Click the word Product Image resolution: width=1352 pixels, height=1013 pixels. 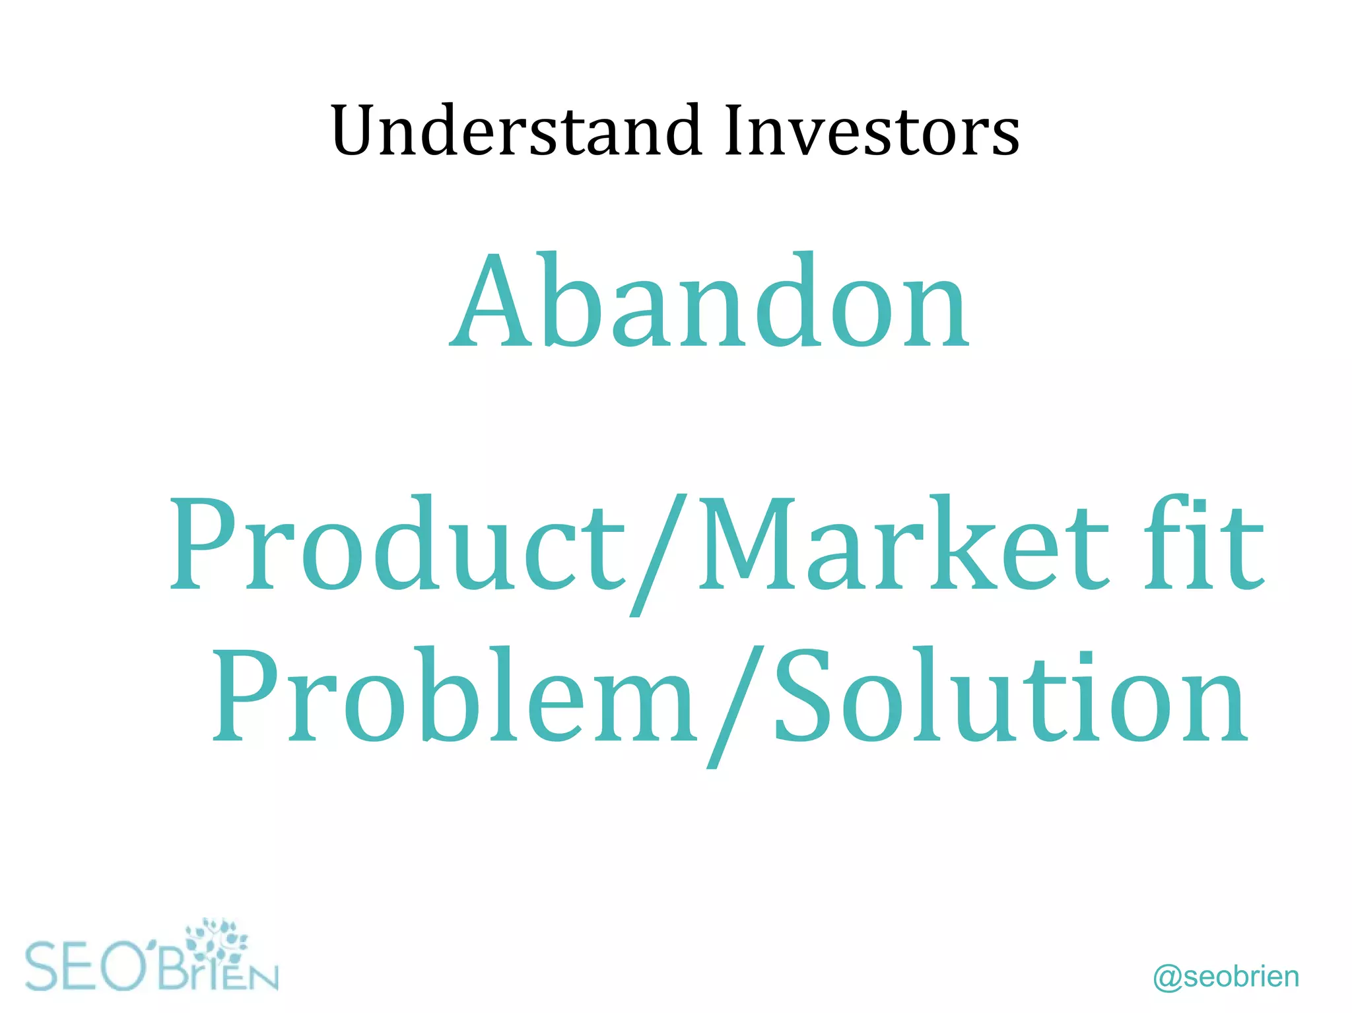396,544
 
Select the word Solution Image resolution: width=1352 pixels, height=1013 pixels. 1010,696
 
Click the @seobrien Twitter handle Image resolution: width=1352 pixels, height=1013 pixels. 1226,977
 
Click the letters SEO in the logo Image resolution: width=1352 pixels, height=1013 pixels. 86,967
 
